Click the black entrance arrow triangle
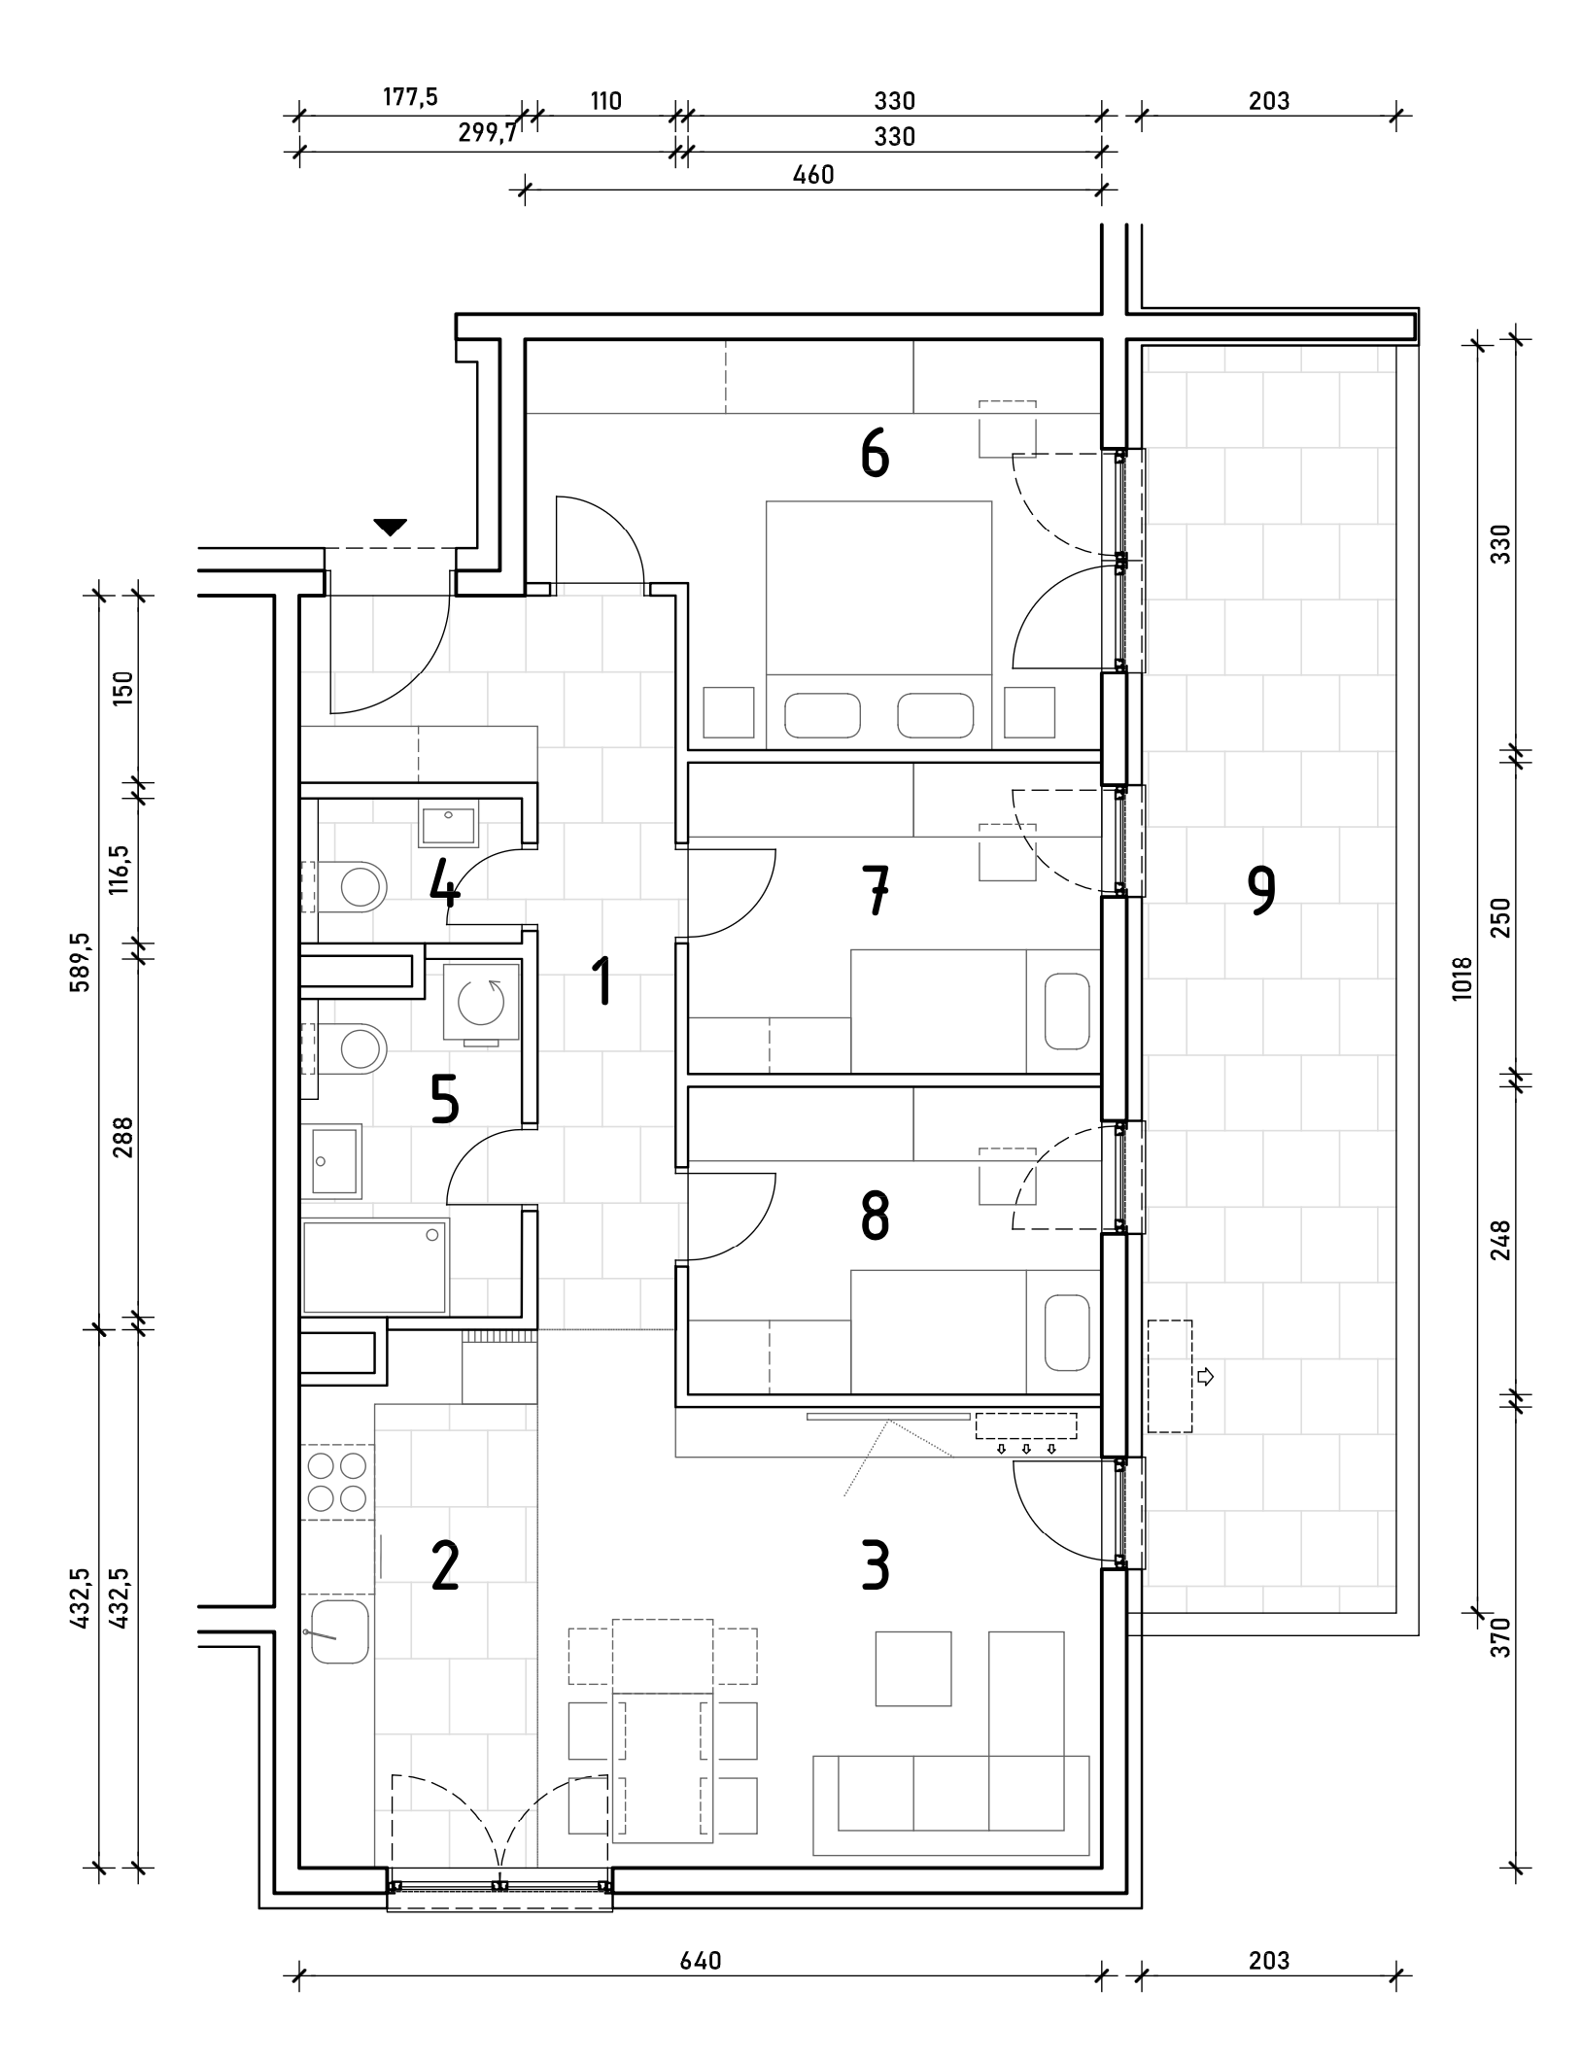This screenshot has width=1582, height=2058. (x=390, y=528)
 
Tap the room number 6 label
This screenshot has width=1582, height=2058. (x=875, y=455)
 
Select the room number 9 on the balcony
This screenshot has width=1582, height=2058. (x=1260, y=891)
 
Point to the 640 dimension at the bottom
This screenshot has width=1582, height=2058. (x=701, y=1960)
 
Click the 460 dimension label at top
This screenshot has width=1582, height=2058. (x=813, y=174)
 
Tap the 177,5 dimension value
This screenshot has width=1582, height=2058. (x=410, y=97)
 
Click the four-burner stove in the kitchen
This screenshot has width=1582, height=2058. (x=337, y=1482)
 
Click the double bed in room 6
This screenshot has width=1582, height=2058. (x=878, y=625)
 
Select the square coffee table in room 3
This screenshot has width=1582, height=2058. (x=912, y=1668)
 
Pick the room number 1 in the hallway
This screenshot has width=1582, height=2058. (x=603, y=980)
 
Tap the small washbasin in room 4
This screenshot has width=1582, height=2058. (x=448, y=824)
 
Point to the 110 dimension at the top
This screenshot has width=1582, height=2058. (x=604, y=100)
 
